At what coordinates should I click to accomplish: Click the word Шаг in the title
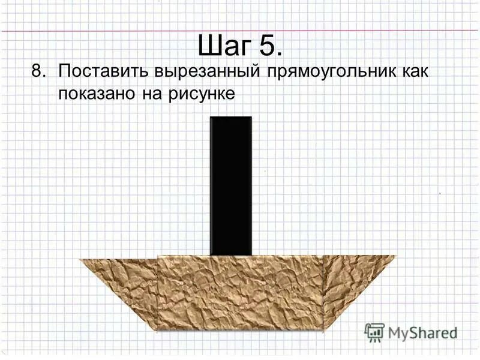[x=223, y=44]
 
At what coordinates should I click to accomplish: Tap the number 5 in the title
[x=268, y=44]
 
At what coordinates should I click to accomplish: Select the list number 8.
[x=39, y=72]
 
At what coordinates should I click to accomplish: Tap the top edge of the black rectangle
[x=230, y=117]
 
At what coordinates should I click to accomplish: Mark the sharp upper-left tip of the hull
[x=81, y=259]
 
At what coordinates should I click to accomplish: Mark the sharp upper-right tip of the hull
[x=395, y=257]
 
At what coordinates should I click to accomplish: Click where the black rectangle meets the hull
[x=230, y=255]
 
